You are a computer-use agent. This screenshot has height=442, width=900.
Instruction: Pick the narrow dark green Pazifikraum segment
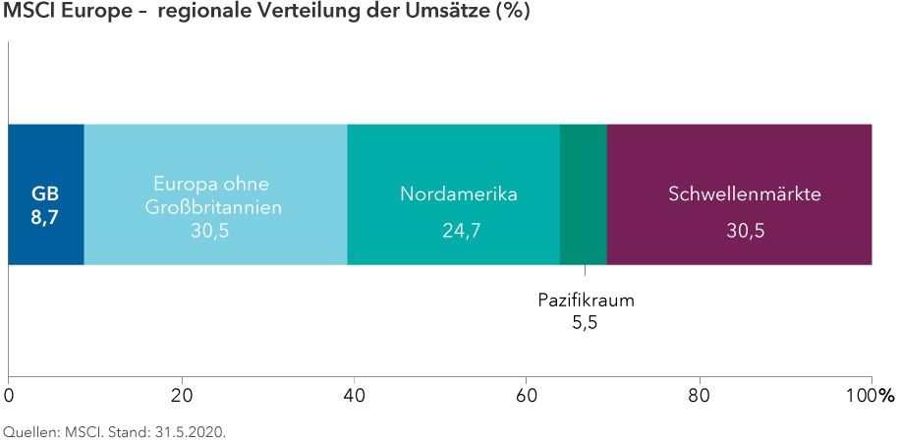tap(584, 194)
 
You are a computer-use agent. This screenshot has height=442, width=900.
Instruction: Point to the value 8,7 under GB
tap(46, 214)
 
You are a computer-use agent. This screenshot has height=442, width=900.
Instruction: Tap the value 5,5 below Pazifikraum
tap(586, 321)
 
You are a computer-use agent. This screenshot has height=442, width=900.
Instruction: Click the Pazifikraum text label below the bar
tap(586, 300)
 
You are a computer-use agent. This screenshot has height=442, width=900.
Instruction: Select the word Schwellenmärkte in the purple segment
tap(744, 194)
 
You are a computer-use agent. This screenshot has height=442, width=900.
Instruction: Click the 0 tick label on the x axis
tap(9, 397)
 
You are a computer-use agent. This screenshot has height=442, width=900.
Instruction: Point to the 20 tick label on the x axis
tap(181, 397)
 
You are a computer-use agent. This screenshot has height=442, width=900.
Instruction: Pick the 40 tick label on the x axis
tap(354, 397)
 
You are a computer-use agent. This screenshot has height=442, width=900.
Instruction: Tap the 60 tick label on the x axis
tap(527, 397)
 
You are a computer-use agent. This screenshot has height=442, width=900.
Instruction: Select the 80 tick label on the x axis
tap(699, 397)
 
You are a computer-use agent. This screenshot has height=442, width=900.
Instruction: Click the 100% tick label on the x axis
tap(872, 397)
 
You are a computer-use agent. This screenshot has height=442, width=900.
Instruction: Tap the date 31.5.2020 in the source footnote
tap(192, 430)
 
